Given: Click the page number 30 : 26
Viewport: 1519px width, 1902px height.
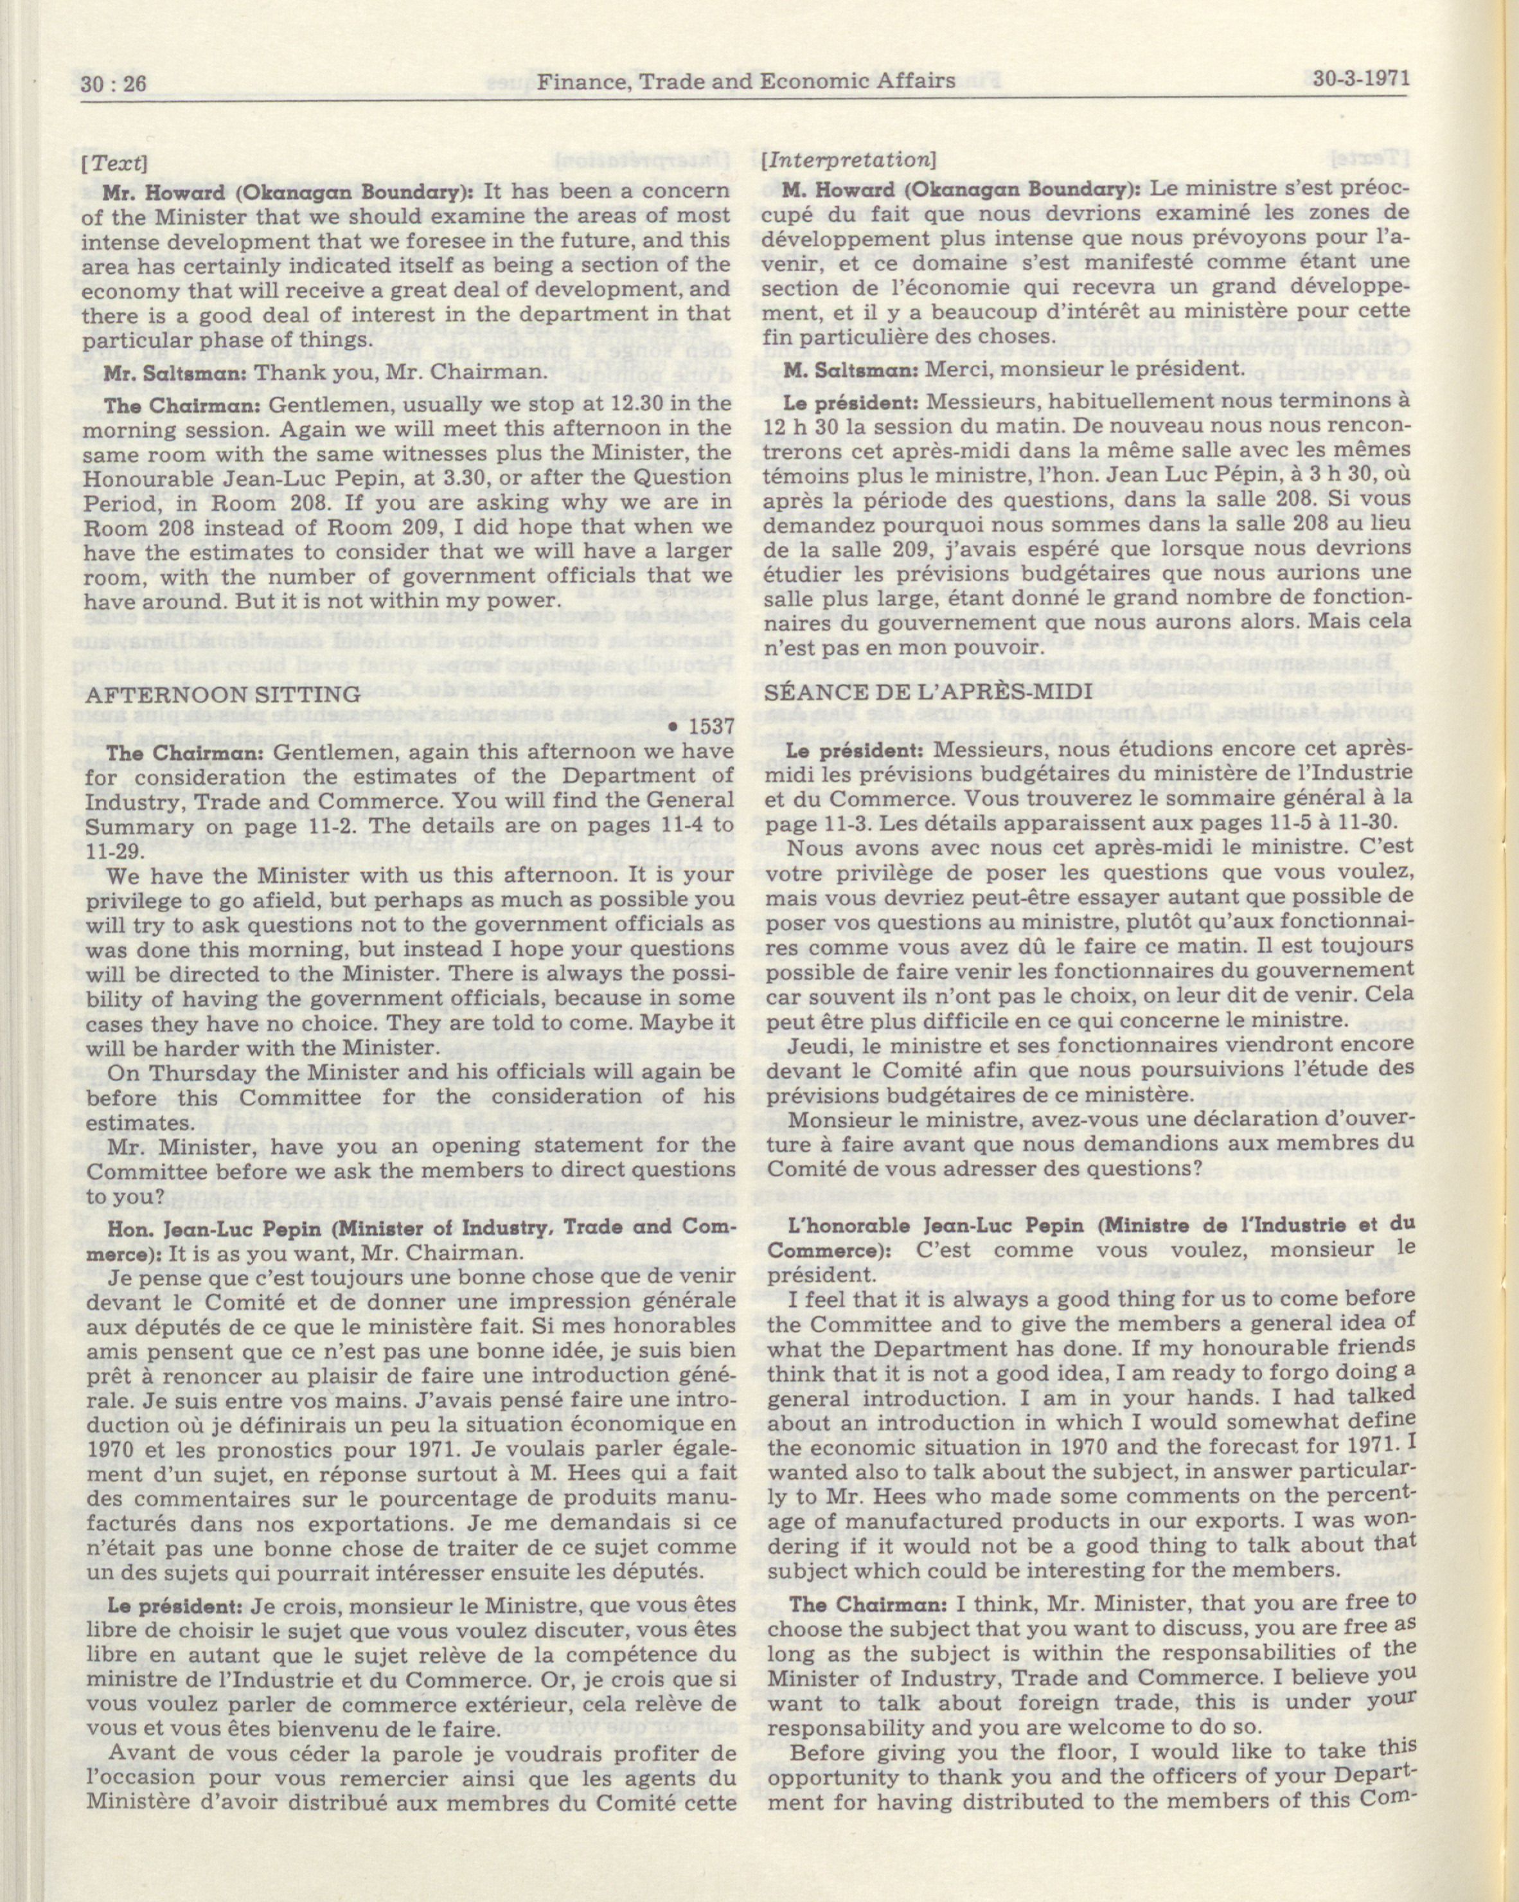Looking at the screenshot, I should coord(114,84).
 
